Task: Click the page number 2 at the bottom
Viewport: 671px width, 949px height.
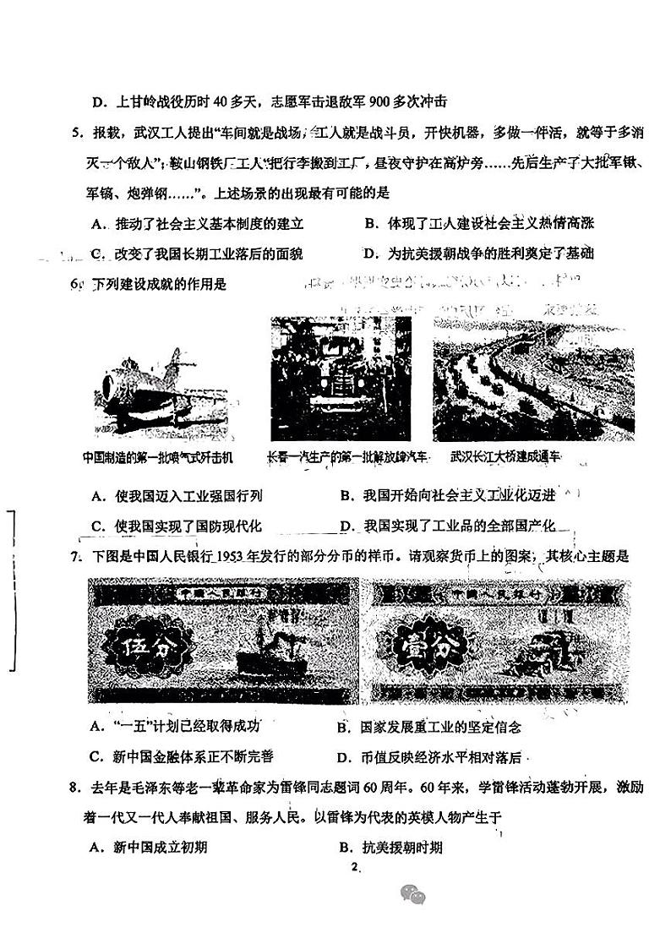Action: (355, 867)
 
